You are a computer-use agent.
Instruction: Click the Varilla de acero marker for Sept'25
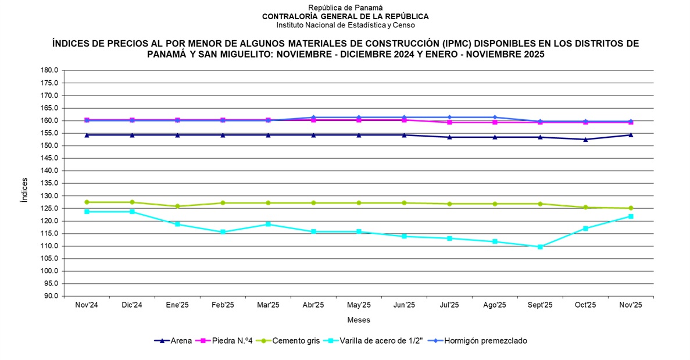coord(540,247)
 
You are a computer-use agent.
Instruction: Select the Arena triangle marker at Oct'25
coord(585,140)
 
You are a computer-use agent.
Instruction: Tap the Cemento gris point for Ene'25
coord(177,206)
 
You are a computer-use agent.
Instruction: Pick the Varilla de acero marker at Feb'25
coord(223,232)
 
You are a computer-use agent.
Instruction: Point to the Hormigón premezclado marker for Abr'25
coord(313,117)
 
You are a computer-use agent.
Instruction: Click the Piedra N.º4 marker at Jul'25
coord(449,122)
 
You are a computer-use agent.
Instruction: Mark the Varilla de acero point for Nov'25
coord(631,216)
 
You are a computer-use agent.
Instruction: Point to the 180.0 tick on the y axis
coord(49,70)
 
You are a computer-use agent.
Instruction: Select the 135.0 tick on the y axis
coord(49,183)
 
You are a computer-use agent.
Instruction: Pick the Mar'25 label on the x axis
coord(268,305)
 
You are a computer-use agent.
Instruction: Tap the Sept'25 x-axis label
coord(540,305)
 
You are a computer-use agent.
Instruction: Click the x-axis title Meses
coord(359,320)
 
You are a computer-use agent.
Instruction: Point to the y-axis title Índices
coord(24,190)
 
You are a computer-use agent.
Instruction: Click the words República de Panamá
coord(345,8)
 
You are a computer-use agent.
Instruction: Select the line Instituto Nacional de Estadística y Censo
coord(345,25)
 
